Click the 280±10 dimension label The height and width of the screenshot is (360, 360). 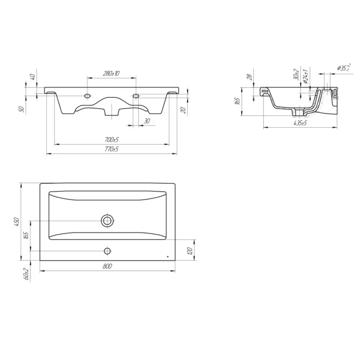(111, 73)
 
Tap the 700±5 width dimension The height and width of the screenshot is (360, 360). (112, 140)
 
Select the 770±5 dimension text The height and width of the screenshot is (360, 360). (112, 149)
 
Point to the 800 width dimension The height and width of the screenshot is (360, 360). (107, 266)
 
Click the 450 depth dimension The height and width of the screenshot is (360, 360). (17, 222)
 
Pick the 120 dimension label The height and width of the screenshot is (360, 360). (190, 251)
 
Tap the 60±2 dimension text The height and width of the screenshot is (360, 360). (26, 274)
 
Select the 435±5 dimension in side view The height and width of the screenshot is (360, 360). (300, 123)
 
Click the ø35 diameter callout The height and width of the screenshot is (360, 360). (344, 68)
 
